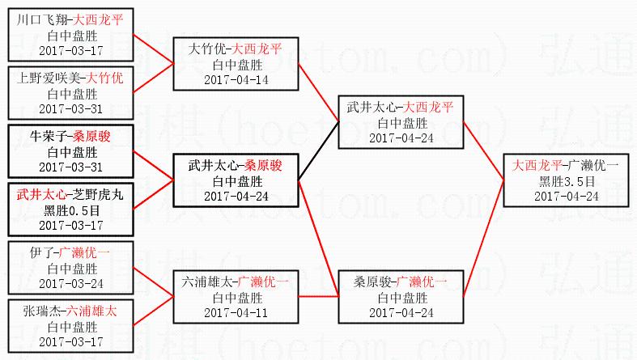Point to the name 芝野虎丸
coord(94,195)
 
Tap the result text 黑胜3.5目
coord(566,181)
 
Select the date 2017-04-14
coord(235,79)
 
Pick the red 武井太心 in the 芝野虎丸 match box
coord(41,195)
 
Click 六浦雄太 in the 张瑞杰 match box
coord(91,311)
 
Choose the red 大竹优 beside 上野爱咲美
coord(105,78)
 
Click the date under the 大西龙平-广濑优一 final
coord(566,196)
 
